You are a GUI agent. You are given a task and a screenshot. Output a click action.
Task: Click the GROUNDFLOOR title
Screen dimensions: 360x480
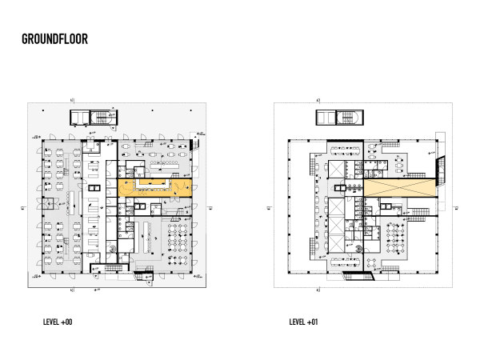(54, 39)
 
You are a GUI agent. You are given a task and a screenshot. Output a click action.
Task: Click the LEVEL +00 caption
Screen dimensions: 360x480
(58, 322)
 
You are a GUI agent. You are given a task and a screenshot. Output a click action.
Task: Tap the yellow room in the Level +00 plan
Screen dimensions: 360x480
(154, 188)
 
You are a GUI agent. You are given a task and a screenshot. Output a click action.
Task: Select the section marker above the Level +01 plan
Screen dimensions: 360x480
(318, 100)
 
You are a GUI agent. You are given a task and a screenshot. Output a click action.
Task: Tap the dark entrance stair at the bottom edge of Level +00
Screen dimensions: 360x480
(145, 276)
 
